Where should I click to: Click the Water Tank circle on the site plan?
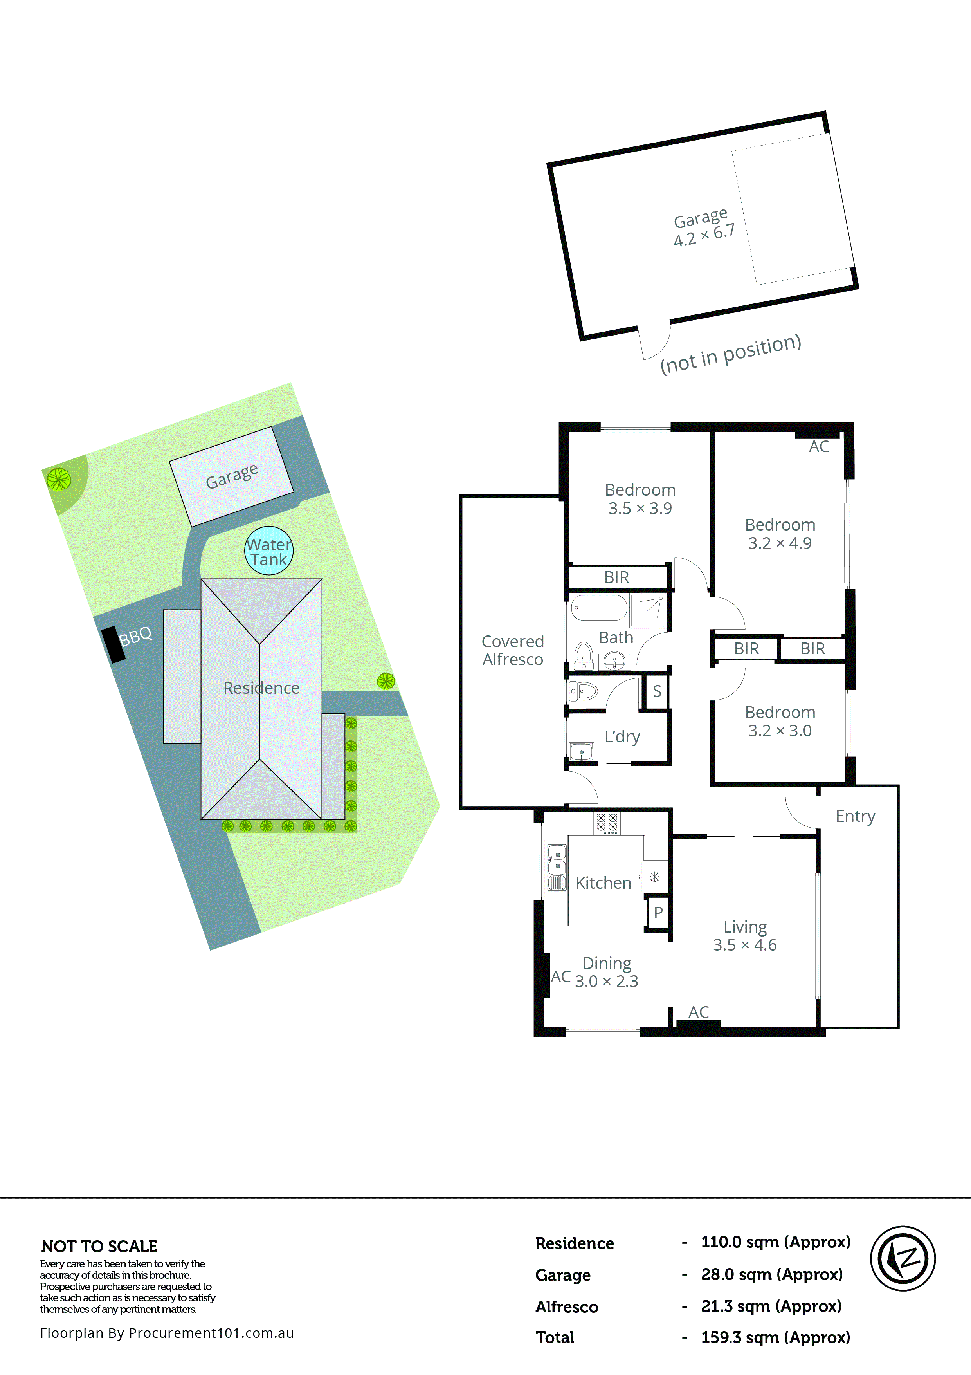pos(268,550)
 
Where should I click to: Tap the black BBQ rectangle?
pos(113,644)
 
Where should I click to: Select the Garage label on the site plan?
pos(232,476)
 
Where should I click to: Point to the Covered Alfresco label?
pos(512,650)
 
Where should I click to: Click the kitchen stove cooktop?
pos(606,823)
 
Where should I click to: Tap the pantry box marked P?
pos(658,913)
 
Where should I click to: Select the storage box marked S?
pos(657,691)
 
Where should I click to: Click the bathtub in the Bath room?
pos(599,608)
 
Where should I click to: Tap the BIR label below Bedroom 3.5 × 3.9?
pos(616,577)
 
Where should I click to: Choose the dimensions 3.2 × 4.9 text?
pos(780,543)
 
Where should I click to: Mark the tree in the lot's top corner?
pos(59,478)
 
